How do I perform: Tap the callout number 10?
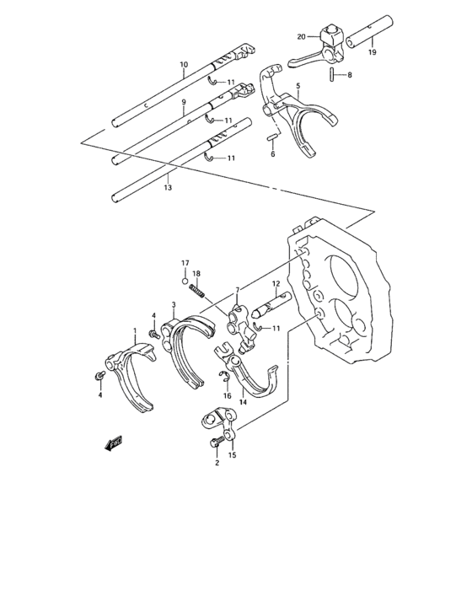pos(183,65)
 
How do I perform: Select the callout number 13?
pos(168,187)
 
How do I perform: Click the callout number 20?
pos(301,36)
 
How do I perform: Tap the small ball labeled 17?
pos(185,281)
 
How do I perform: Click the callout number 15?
pos(233,456)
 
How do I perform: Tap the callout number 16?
pos(227,395)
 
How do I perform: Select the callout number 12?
pos(276,284)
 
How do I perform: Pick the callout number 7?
pos(238,290)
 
